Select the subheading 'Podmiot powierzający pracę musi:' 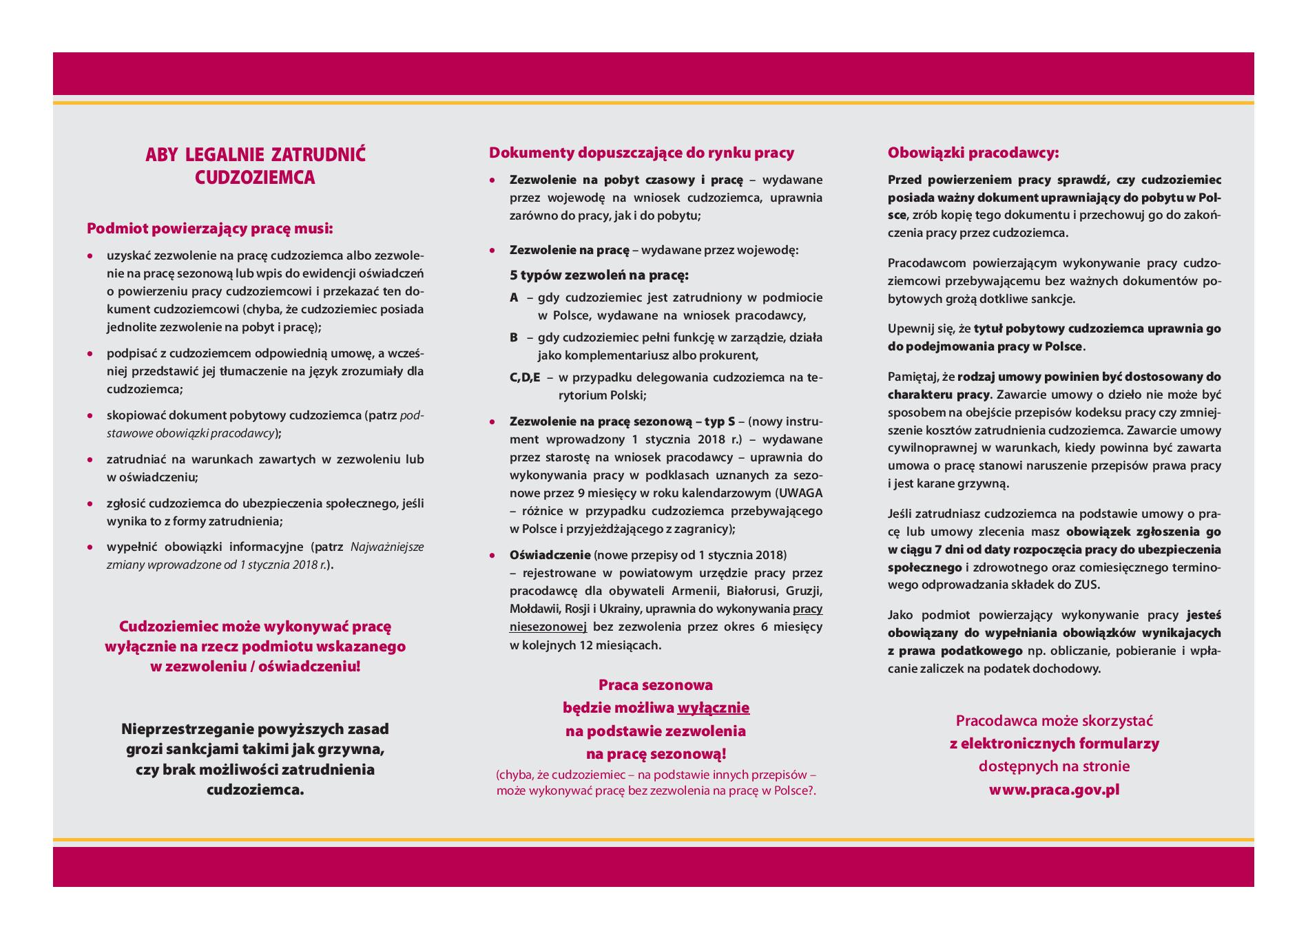coord(210,228)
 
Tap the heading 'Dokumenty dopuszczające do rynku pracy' coord(641,153)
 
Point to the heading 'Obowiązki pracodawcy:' coord(973,153)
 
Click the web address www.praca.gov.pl coord(1054,790)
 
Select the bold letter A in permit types coord(514,298)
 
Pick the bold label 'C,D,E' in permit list coord(525,378)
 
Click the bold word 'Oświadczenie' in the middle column coord(550,555)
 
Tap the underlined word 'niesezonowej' coord(548,627)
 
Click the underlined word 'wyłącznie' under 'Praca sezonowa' coord(714,708)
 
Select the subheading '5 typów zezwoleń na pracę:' coord(599,275)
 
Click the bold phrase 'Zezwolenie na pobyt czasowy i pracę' coord(626,180)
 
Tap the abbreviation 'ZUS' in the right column coord(1088,585)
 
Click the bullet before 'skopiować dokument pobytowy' coord(90,416)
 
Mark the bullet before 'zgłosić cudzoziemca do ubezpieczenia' coord(90,503)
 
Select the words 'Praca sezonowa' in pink coord(655,685)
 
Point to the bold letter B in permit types coord(514,338)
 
